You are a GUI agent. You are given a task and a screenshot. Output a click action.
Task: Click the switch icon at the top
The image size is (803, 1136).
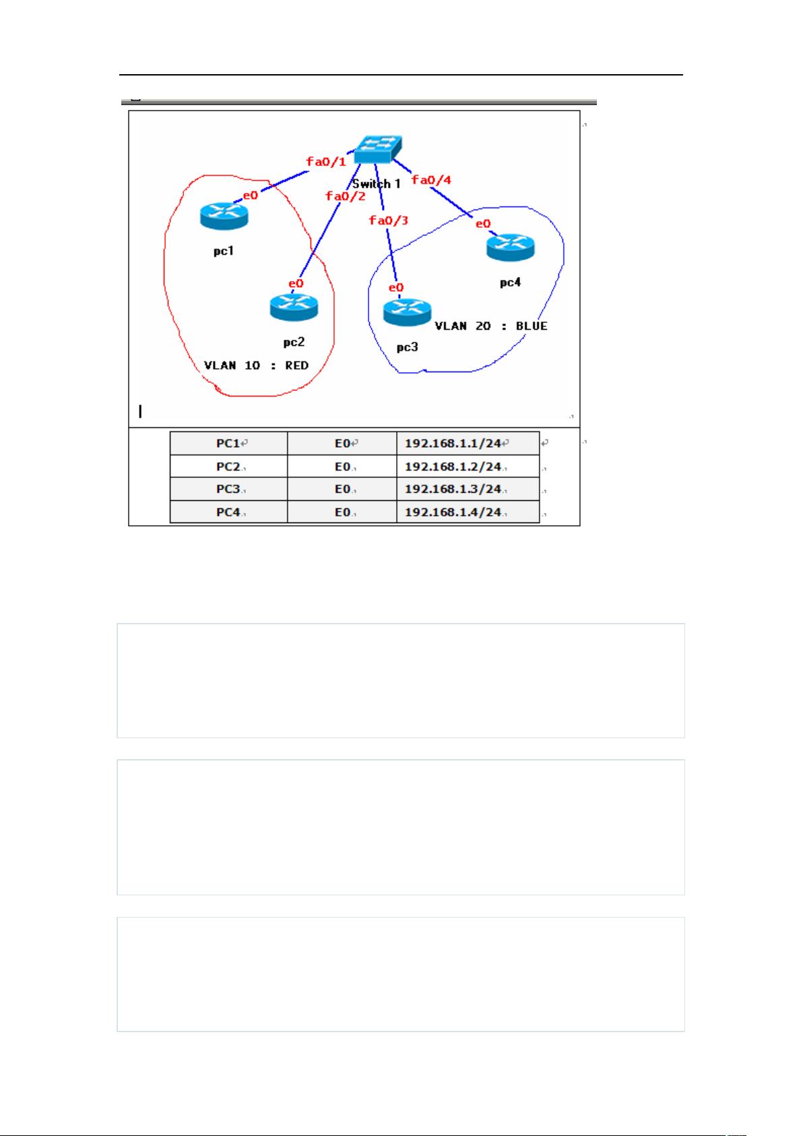[x=378, y=149]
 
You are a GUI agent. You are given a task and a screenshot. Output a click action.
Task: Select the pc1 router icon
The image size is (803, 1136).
[x=224, y=216]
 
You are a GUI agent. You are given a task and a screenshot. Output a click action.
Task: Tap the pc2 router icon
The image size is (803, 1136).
[x=294, y=307]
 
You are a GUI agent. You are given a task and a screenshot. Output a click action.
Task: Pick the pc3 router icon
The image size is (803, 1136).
[x=408, y=312]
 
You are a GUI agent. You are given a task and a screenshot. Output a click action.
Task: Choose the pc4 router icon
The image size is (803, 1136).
[x=511, y=247]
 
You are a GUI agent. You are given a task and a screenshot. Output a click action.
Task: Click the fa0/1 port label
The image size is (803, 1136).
[x=326, y=162]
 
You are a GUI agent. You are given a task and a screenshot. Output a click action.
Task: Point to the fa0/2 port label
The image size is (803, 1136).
[x=346, y=196]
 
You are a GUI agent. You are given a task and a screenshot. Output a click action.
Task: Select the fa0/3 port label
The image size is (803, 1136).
[x=389, y=220]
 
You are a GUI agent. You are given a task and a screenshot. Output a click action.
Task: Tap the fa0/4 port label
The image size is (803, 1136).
[x=431, y=179]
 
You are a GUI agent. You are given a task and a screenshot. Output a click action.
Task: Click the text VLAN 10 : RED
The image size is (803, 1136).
[x=257, y=365]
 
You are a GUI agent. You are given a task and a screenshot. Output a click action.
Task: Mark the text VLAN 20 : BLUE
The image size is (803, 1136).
[x=491, y=326]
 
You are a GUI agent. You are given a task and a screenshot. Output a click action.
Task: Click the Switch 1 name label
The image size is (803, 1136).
[x=377, y=183]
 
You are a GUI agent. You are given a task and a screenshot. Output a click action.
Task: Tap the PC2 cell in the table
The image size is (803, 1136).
[x=228, y=466]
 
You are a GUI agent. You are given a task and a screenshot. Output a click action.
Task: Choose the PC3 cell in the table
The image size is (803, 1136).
[x=228, y=489]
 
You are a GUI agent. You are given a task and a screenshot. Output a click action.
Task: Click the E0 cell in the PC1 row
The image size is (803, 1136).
[x=342, y=443]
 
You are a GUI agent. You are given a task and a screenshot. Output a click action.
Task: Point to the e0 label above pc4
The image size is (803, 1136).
[x=483, y=224]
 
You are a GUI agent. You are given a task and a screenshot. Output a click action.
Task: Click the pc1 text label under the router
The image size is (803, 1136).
[x=224, y=251]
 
